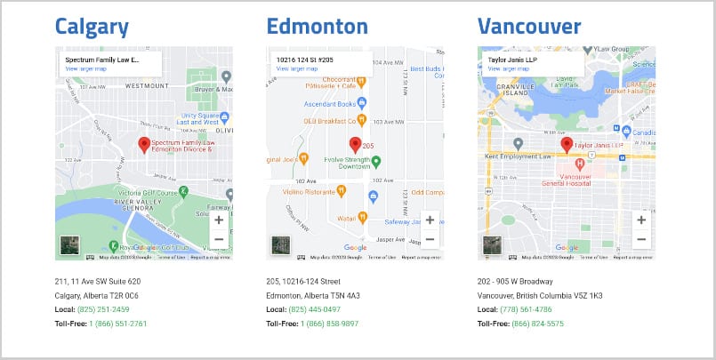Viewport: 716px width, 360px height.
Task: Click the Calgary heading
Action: pyautogui.click(x=92, y=26)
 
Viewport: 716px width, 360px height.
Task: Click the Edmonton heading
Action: pyautogui.click(x=317, y=26)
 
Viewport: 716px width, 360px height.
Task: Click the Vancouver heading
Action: pyautogui.click(x=529, y=26)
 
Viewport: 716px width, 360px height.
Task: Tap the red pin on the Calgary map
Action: pyautogui.click(x=144, y=145)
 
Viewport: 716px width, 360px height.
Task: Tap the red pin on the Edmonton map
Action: pyautogui.click(x=355, y=144)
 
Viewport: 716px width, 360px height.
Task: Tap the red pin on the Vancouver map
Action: pyautogui.click(x=566, y=144)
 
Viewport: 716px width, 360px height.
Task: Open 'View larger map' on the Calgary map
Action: pyautogui.click(x=85, y=68)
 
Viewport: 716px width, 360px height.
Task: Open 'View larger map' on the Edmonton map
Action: pyautogui.click(x=296, y=68)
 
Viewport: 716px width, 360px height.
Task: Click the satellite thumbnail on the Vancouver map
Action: pyautogui.click(x=492, y=245)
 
